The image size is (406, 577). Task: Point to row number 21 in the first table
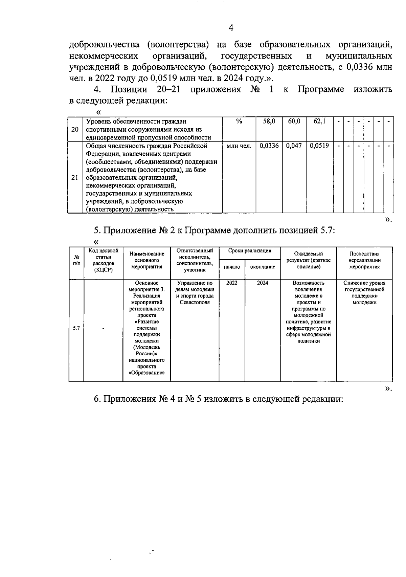(75, 178)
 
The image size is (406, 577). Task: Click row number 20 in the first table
(75, 129)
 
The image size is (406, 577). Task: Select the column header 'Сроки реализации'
(250, 251)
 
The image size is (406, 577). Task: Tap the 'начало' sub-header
(232, 267)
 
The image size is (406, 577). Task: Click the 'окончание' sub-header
(263, 267)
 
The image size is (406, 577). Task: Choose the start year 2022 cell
(232, 283)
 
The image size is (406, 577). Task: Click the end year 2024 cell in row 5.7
(263, 283)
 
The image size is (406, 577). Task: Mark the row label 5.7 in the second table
(76, 328)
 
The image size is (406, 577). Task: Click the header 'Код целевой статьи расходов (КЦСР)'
(103, 260)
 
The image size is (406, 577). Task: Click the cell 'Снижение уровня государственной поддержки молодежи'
(364, 292)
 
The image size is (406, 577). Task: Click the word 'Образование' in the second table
(146, 373)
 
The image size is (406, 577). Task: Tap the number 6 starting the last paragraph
(97, 399)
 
